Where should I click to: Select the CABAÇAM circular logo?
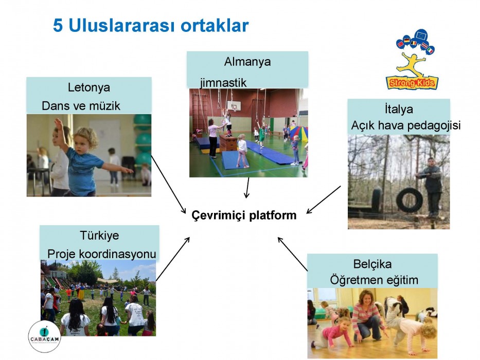tap(44, 337)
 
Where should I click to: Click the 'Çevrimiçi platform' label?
tap(244, 215)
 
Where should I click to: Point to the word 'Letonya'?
tap(89, 87)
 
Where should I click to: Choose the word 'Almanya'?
tap(247, 62)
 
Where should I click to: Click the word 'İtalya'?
tap(399, 109)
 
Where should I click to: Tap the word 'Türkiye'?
tap(99, 236)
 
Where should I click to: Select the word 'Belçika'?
tap(372, 264)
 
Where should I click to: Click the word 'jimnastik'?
tap(223, 83)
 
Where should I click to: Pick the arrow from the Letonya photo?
tap(169, 185)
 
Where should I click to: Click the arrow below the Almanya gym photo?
tap(247, 188)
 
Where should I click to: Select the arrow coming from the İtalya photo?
tap(323, 200)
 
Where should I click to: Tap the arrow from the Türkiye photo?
tap(173, 259)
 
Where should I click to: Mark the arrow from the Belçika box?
tap(292, 254)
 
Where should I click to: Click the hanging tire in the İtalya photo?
tap(410, 201)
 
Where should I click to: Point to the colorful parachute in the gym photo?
tap(299, 134)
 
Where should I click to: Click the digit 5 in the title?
tap(58, 25)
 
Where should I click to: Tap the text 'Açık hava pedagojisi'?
tap(405, 125)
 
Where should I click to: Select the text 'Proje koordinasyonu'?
tap(102, 254)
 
